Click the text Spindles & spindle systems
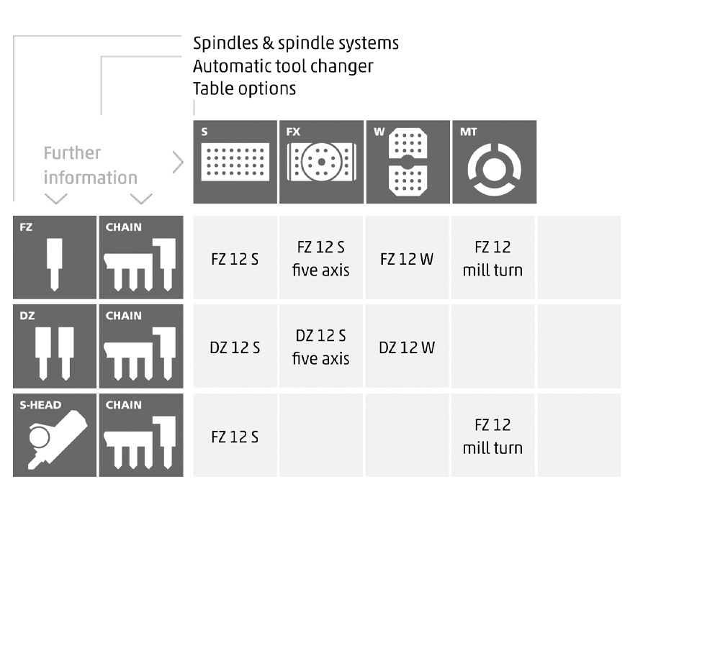point(295,43)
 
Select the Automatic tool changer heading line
point(283,66)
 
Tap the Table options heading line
point(244,88)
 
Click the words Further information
point(90,165)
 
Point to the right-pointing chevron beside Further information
point(178,163)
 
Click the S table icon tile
point(235,162)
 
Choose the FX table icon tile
point(321,162)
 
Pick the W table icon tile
point(408,162)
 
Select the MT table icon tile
point(494,162)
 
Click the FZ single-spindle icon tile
point(55,257)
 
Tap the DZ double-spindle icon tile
point(55,346)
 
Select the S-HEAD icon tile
point(55,435)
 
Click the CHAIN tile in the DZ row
point(141,346)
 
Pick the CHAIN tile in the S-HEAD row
point(141,435)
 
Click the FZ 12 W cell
point(407,258)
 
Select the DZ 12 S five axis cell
point(320,347)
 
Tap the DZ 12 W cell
point(407,347)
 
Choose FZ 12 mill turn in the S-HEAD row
point(492,436)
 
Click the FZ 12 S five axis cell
point(320,258)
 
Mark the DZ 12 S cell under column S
point(235,347)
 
